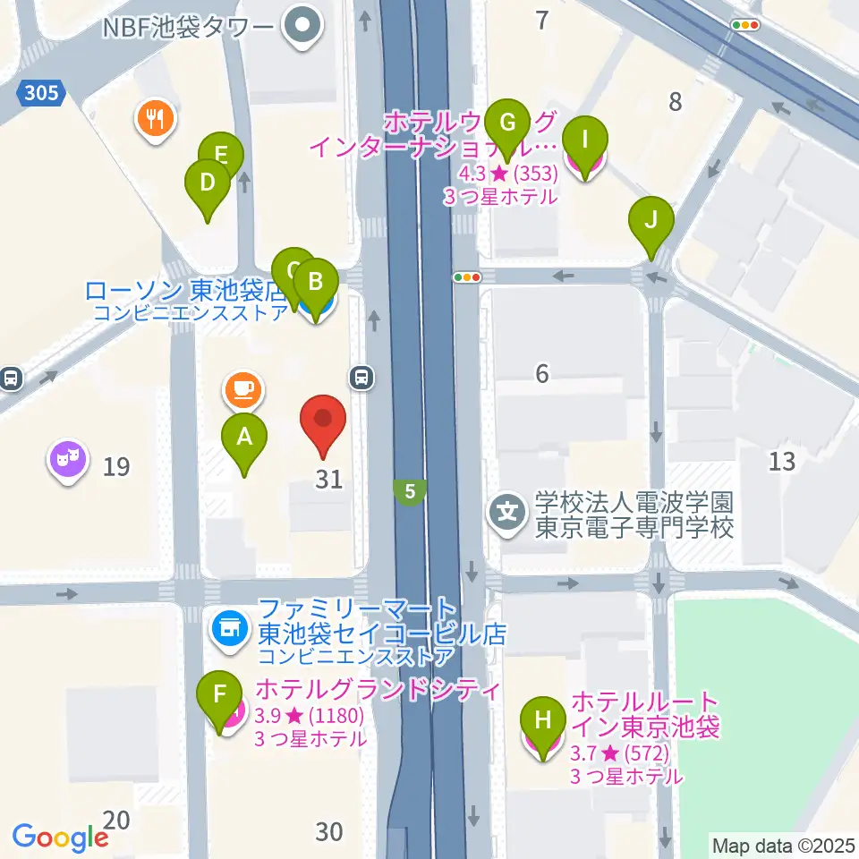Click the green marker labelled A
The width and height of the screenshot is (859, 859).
tap(244, 438)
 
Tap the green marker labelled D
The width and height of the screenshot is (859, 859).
tap(207, 184)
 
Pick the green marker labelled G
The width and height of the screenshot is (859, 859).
tap(507, 122)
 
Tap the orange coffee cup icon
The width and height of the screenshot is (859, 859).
tap(243, 387)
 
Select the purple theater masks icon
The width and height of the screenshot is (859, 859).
tap(68, 460)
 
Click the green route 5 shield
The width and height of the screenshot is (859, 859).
tap(409, 490)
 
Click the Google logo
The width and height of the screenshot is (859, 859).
tap(61, 837)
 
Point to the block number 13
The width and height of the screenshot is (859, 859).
tap(781, 462)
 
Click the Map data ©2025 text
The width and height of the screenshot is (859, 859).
tap(782, 845)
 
